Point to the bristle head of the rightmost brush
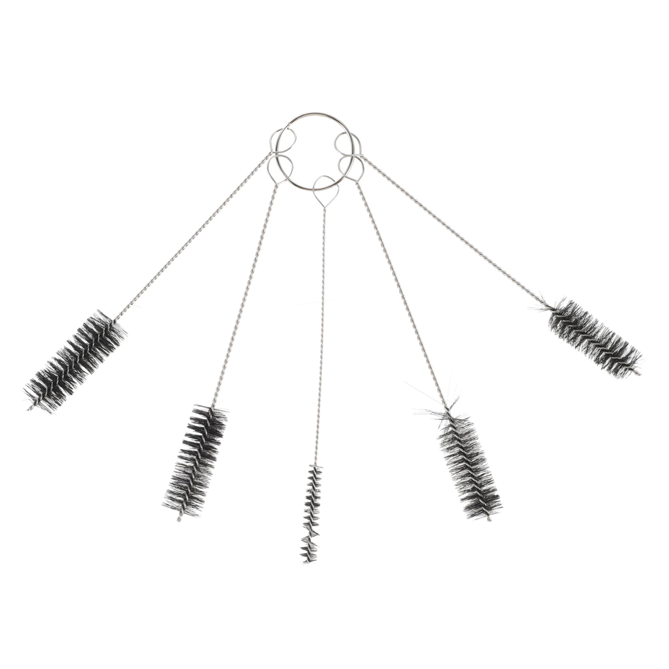click(594, 337)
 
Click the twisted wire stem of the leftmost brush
click(190, 238)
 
